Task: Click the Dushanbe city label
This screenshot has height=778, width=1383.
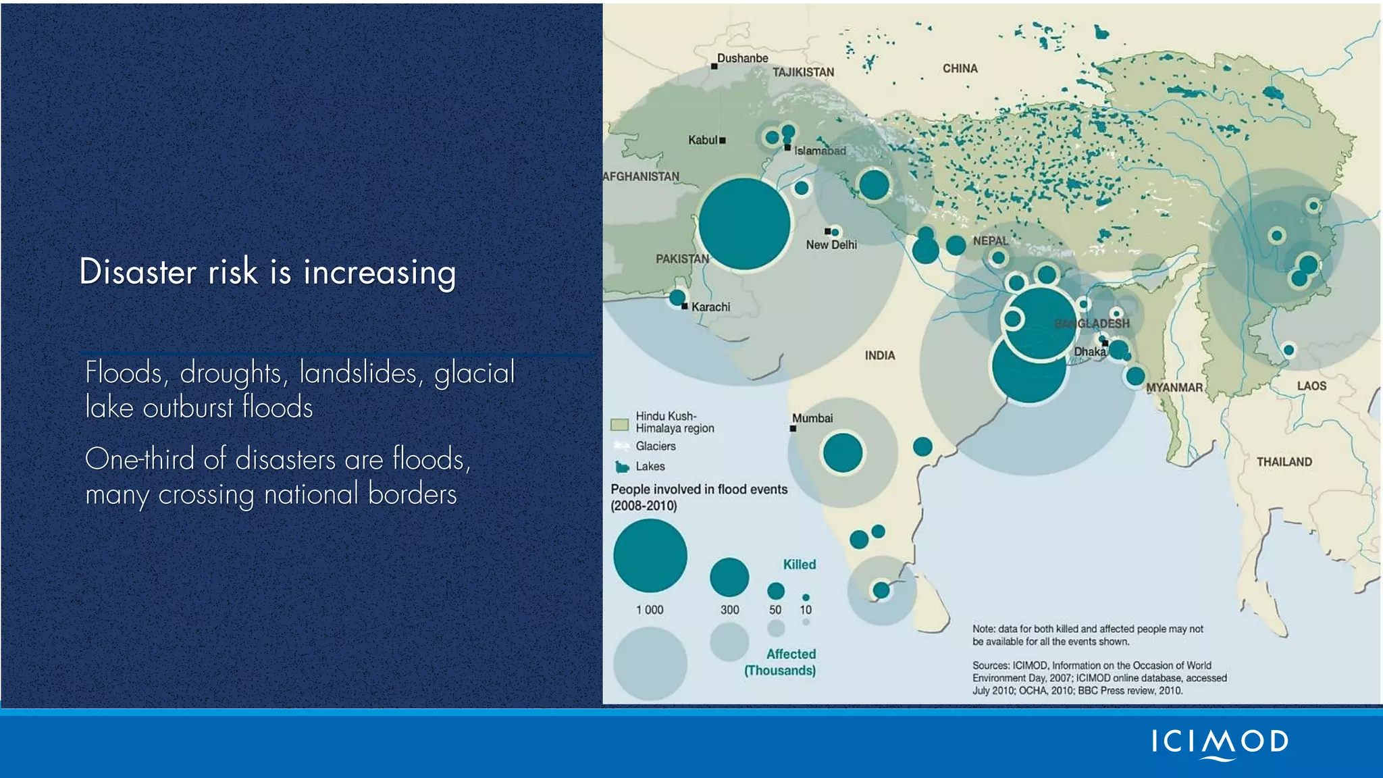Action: click(x=742, y=58)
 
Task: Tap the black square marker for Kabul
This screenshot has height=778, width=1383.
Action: click(x=723, y=140)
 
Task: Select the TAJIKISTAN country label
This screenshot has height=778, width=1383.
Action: click(x=803, y=72)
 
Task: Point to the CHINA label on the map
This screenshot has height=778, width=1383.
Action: click(x=960, y=68)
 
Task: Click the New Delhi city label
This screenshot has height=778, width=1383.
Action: click(x=831, y=244)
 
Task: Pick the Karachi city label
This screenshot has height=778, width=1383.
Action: click(x=710, y=307)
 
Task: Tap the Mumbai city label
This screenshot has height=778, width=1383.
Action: click(x=812, y=418)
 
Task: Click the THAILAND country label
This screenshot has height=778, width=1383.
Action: click(x=1284, y=462)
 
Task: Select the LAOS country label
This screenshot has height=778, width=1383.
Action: click(x=1311, y=386)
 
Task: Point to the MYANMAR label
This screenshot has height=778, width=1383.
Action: click(x=1174, y=388)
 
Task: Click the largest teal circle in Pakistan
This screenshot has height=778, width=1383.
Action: click(x=744, y=224)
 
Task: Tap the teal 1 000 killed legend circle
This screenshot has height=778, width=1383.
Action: click(x=650, y=555)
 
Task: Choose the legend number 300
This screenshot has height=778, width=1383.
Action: click(x=729, y=610)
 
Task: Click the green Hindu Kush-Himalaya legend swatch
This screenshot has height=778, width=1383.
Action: click(x=619, y=424)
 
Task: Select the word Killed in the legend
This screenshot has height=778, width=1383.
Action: click(x=799, y=565)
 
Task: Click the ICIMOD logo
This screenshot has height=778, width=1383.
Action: click(x=1220, y=743)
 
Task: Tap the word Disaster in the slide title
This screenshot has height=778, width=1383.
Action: click(x=138, y=271)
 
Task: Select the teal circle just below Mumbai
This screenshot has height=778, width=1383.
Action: click(x=842, y=452)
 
